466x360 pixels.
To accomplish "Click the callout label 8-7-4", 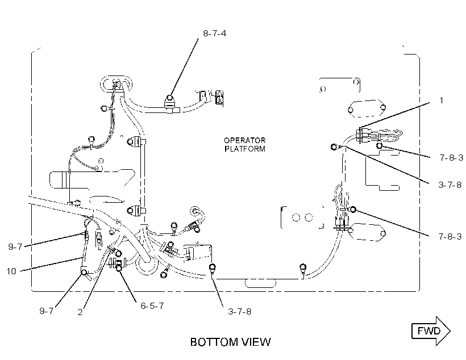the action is point(214,34).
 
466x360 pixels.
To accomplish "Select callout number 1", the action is point(441,101).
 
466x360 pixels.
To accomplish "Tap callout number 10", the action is point(11,271).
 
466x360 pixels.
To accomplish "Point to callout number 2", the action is point(80,312).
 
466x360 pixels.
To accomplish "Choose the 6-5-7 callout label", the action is point(152,305).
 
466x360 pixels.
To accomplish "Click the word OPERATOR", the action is point(244,140).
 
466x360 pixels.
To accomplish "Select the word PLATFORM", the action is point(244,149).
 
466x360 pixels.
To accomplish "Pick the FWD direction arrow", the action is point(431,331).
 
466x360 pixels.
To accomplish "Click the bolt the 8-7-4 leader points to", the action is point(169,98).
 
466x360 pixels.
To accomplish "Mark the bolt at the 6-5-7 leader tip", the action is point(119,268).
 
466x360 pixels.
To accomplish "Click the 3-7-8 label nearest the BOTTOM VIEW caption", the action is point(240,312).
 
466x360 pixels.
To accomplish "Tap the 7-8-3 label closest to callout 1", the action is point(451,158).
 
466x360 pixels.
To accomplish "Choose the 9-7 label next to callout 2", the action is point(47,311).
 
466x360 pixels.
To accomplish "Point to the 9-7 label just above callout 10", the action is point(15,247).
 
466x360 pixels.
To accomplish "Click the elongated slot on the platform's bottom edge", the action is point(260,283).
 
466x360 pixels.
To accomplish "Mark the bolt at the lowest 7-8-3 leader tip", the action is point(353,210).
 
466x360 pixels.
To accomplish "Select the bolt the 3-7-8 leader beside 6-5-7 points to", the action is point(212,267).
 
